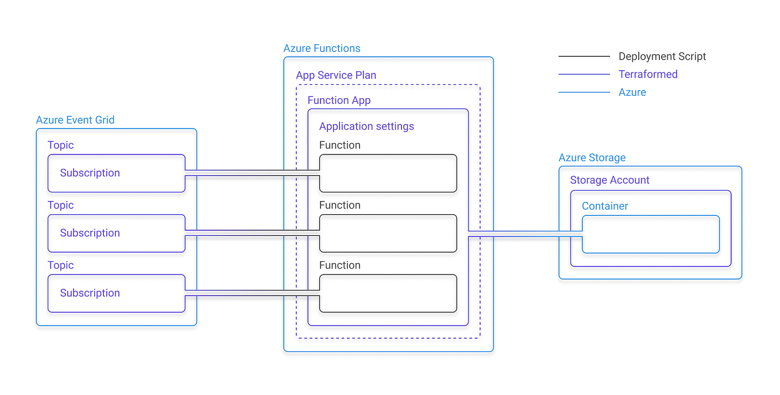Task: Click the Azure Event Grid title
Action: (75, 120)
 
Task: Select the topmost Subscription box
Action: (117, 173)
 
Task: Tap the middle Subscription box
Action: (117, 233)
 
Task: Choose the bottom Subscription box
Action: (117, 293)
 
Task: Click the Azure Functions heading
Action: (322, 48)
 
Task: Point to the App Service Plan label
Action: (336, 75)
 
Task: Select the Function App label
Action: (339, 100)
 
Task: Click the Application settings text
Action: (366, 126)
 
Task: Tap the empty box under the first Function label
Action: (388, 173)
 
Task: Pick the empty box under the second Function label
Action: (388, 233)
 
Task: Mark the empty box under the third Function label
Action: (388, 293)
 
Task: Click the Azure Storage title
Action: (592, 158)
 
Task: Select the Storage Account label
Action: (609, 180)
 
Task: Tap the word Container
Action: (605, 206)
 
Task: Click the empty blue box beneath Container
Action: (651, 234)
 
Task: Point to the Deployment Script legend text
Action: (662, 56)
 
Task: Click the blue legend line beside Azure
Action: (584, 92)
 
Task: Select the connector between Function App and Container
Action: (526, 233)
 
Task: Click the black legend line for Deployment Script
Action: (584, 56)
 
